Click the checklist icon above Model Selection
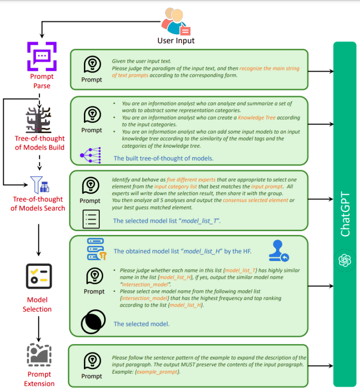pos(38,276)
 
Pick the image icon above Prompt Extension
pos(39,355)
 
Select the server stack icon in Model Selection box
pos(97,249)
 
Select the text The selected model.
pos(142,324)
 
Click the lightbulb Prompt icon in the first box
pos(91,65)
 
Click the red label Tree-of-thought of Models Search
pos(38,204)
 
